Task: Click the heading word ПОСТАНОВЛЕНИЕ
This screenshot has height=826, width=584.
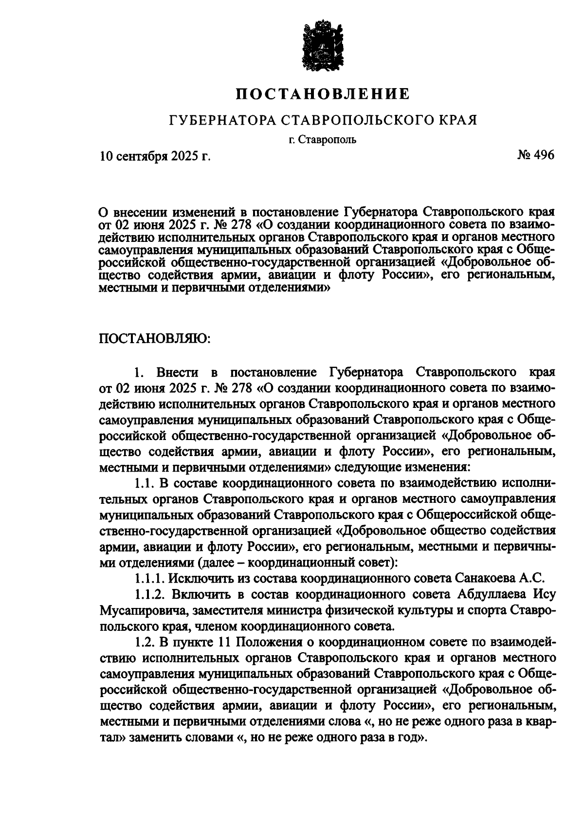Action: pyautogui.click(x=323, y=93)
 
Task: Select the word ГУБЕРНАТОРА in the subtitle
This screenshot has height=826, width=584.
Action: pyautogui.click(x=221, y=120)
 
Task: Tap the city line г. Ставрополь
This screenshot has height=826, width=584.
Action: pyautogui.click(x=322, y=140)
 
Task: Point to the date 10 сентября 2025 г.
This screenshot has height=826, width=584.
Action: pyautogui.click(x=155, y=156)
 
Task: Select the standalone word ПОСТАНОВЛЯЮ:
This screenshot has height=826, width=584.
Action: pyautogui.click(x=155, y=338)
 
